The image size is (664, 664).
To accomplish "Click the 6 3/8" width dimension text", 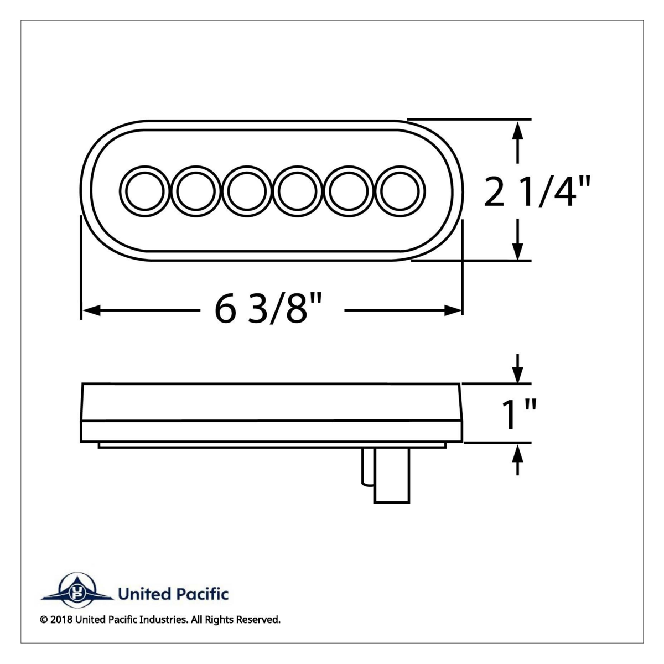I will (x=268, y=311).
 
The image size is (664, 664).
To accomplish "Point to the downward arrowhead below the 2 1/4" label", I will (x=517, y=252).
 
